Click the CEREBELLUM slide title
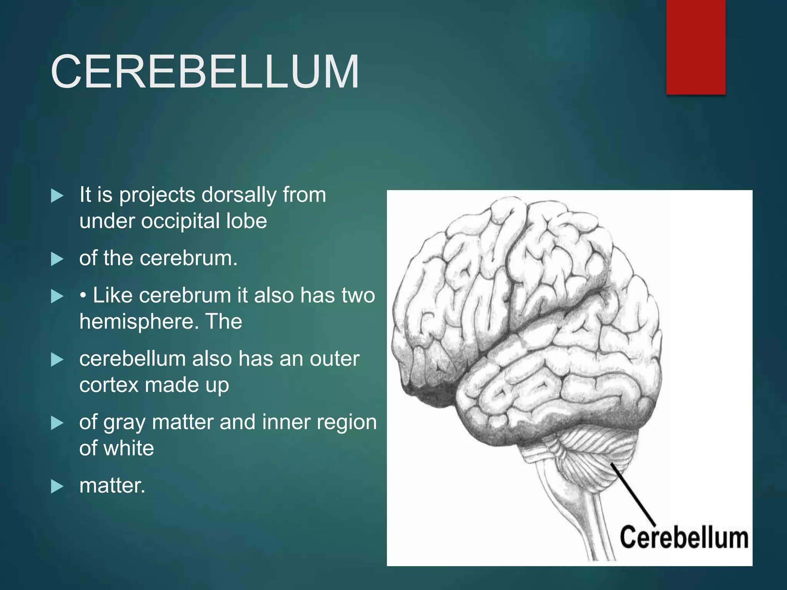point(205,72)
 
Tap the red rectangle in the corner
point(696,47)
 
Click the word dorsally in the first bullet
point(239,195)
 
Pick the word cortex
point(109,385)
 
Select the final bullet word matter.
point(112,486)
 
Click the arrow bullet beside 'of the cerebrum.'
point(57,259)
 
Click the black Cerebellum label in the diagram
point(684,538)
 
